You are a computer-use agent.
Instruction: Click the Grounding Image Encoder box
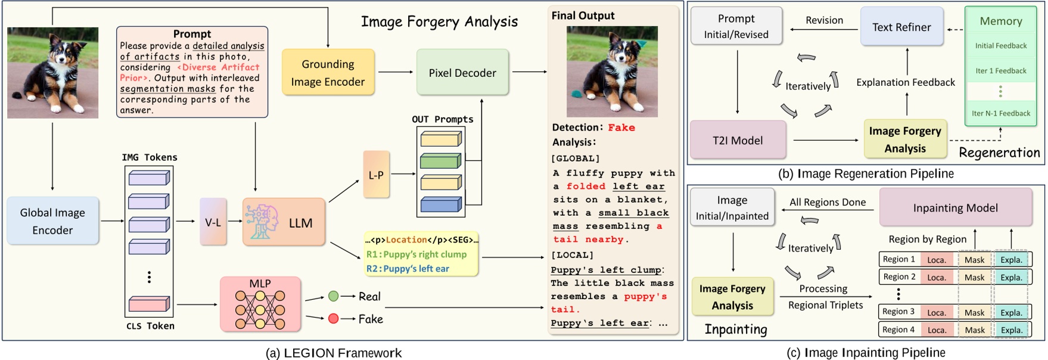[328, 73]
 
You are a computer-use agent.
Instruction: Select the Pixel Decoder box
[462, 73]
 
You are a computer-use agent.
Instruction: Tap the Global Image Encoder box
[52, 221]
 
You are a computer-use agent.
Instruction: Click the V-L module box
[213, 222]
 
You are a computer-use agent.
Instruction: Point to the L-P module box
[376, 175]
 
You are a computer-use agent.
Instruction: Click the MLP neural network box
[260, 305]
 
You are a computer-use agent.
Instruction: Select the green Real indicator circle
[334, 296]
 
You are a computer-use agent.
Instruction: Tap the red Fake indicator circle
[334, 319]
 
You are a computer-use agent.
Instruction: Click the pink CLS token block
[149, 304]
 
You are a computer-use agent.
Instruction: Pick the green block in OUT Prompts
[440, 161]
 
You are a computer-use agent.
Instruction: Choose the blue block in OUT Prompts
[440, 205]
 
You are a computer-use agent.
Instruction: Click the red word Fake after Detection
[621, 128]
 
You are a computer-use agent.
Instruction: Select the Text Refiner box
[901, 27]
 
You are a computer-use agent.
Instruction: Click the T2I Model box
[738, 141]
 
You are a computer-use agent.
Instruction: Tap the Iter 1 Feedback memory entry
[1000, 71]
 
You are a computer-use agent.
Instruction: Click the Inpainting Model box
[955, 208]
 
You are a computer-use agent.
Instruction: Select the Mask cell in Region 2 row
[974, 277]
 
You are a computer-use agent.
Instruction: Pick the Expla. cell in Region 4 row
[1011, 330]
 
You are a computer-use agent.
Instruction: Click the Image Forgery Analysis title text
[439, 22]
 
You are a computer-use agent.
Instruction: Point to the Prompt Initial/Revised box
[736, 26]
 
